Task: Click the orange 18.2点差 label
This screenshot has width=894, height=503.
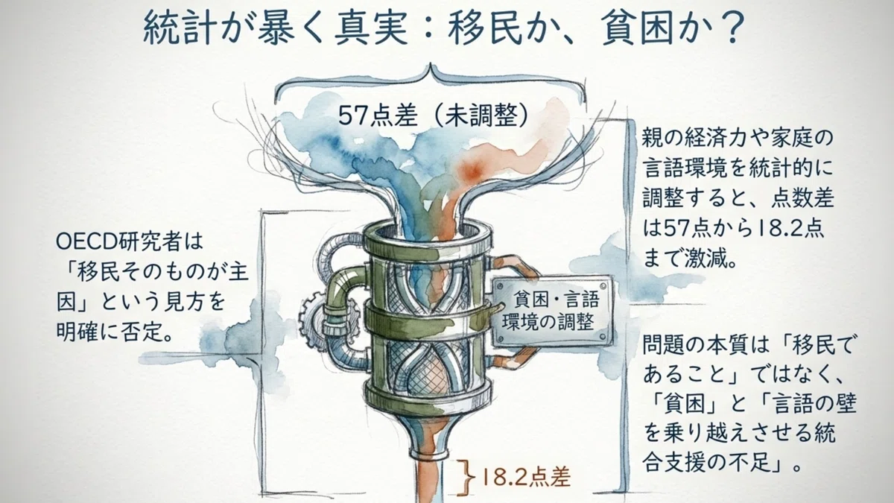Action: point(526,476)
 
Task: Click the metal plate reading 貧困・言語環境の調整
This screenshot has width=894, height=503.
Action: point(551,311)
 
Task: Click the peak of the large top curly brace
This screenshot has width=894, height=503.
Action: point(431,64)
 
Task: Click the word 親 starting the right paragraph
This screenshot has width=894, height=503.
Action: point(652,138)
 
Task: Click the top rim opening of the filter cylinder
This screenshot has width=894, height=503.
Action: point(427,232)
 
